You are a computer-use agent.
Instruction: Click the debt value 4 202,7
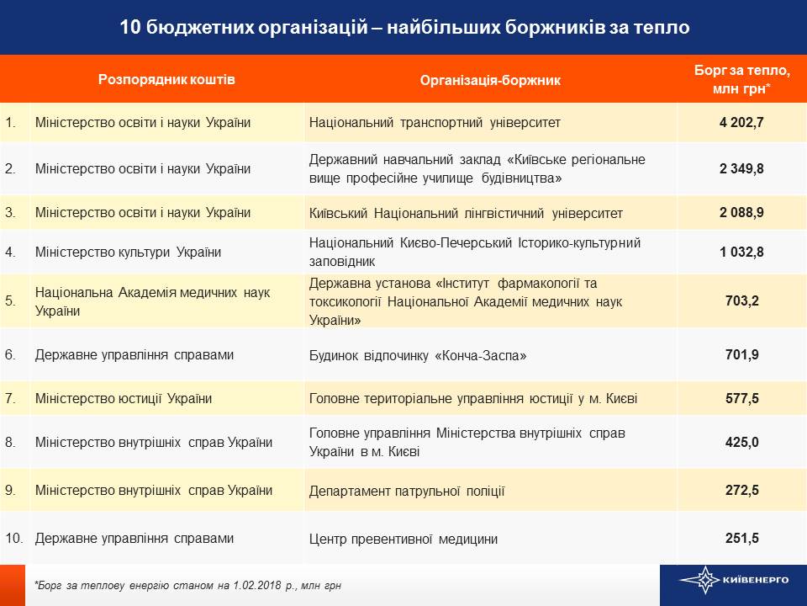tap(741, 123)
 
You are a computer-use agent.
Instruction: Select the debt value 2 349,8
tap(741, 168)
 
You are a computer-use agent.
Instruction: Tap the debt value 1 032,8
tap(741, 251)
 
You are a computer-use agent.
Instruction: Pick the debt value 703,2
tap(741, 300)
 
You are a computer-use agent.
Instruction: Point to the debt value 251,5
tap(741, 539)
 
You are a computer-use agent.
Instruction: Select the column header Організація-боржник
tap(490, 80)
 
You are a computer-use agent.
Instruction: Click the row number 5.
tap(10, 300)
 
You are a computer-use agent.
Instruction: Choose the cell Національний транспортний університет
tap(435, 123)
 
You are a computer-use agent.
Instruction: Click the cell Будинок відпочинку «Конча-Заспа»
tap(418, 355)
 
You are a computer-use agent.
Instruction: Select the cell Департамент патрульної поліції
tap(407, 491)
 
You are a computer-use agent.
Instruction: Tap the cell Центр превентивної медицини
tap(403, 539)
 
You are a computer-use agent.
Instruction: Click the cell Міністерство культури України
tap(128, 252)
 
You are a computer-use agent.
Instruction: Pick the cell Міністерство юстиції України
tap(123, 398)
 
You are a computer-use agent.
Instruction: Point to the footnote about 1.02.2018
tap(187, 585)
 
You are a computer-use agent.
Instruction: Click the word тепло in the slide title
tap(660, 28)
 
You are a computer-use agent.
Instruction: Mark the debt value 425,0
tap(741, 442)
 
